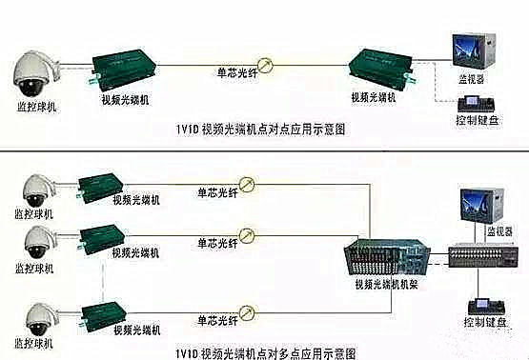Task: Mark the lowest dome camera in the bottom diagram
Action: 37,317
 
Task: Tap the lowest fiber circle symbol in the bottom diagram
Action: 247,310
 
